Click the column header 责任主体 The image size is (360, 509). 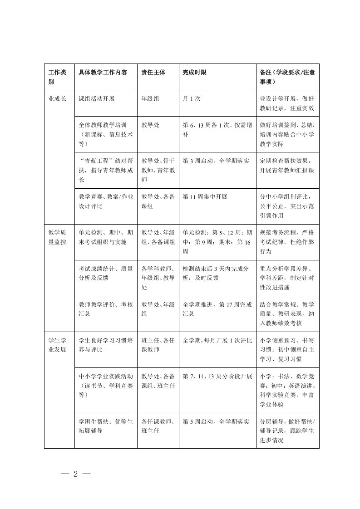pos(153,72)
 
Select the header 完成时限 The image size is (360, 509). pos(194,72)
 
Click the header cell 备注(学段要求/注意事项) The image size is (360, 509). pos(287,77)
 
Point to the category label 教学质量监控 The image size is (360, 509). pos(58,237)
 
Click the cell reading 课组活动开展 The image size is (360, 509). pos(96,98)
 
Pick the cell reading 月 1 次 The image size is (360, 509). pos(191,98)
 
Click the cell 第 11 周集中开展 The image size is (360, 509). pos(204,197)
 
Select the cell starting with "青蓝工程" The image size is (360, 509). pos(106,170)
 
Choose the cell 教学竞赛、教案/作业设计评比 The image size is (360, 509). pos(106,201)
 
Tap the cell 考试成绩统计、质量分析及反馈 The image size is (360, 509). pos(106,273)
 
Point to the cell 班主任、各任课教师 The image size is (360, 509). pos(158,345)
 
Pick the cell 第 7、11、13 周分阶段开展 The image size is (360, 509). pos(217,376)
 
